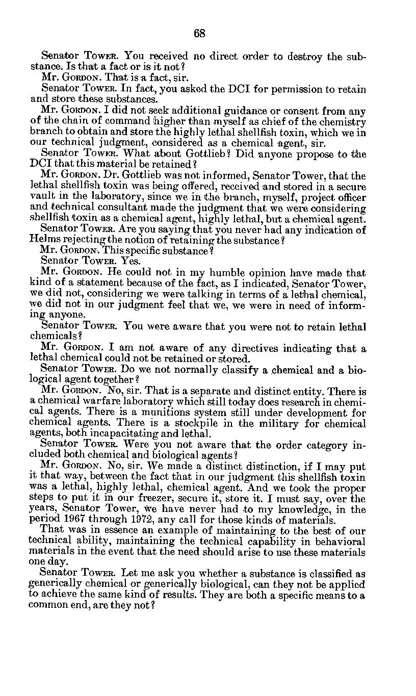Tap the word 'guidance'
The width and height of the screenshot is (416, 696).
223,112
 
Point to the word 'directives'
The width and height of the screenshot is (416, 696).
232,349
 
